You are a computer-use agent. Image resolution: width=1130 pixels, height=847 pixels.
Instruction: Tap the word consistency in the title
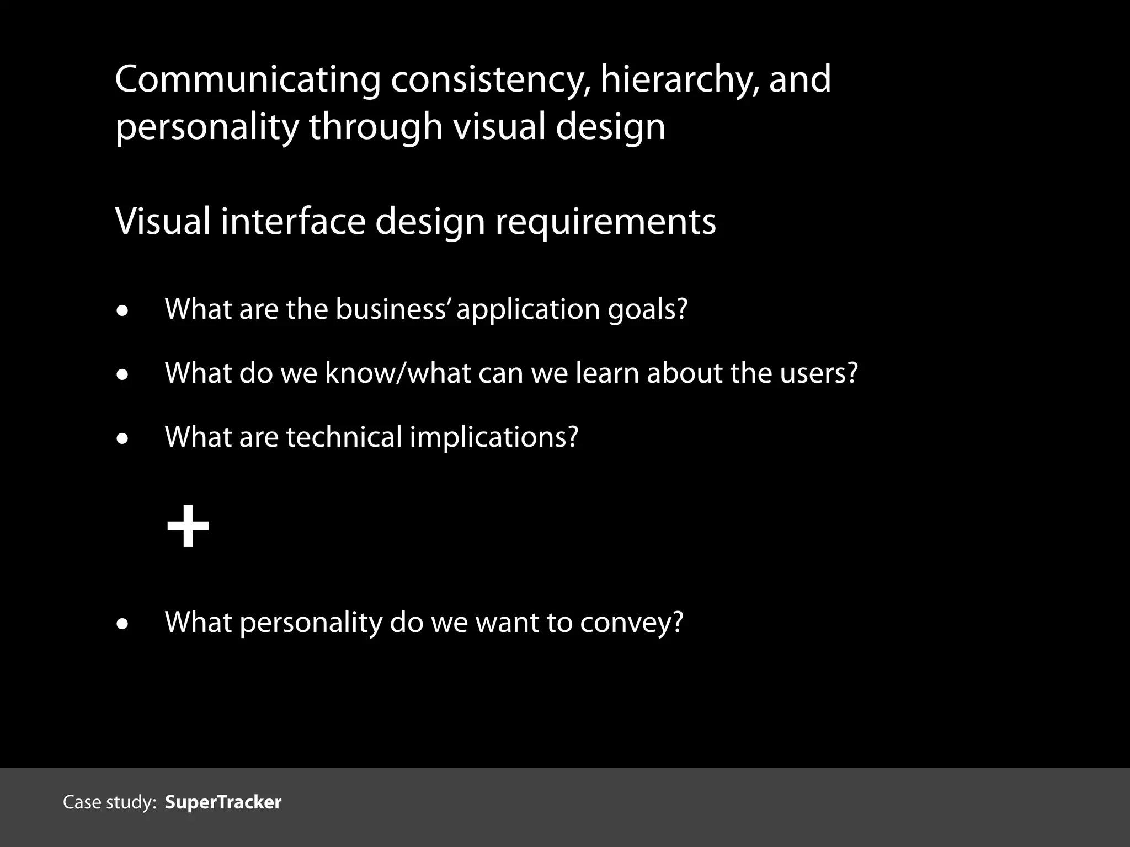pos(490,79)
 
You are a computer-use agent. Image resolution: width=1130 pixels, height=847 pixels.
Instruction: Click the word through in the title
pos(376,127)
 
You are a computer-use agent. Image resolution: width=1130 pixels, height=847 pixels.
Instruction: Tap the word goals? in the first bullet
pos(648,310)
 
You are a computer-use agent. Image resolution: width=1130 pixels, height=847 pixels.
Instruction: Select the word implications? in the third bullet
pos(494,438)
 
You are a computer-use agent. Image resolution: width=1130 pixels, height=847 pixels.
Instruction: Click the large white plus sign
pos(188,526)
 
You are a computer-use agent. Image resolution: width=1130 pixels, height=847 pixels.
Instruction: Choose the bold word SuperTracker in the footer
pos(223,802)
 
